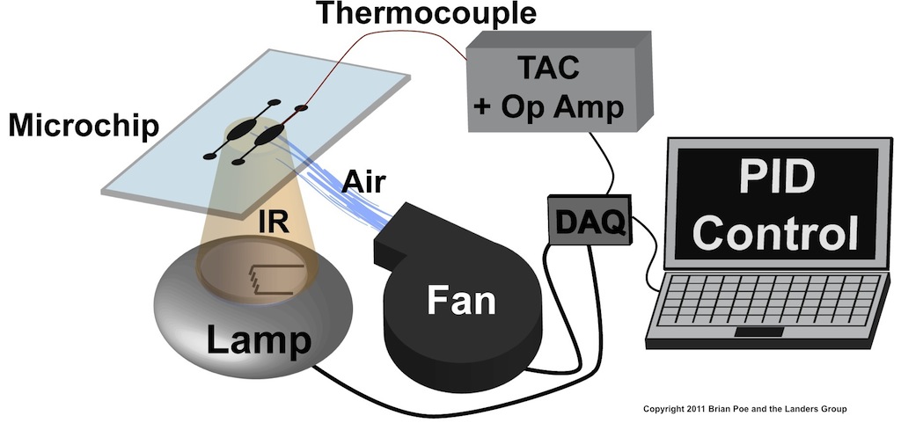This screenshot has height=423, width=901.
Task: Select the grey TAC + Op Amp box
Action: (x=550, y=84)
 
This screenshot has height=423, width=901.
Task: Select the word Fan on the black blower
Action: (x=461, y=302)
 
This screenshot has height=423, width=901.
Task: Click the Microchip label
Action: (x=84, y=126)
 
